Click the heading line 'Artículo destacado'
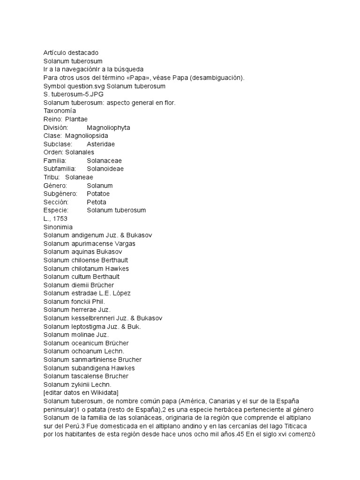pos(71,53)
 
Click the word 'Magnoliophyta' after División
pos(108,127)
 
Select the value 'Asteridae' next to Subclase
pos(101,144)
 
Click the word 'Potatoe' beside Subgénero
pos(98,194)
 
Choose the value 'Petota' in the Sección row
pos(97,202)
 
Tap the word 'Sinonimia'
pos(58,227)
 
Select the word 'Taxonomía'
pos(60,111)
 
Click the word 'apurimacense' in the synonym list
pos(93,243)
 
